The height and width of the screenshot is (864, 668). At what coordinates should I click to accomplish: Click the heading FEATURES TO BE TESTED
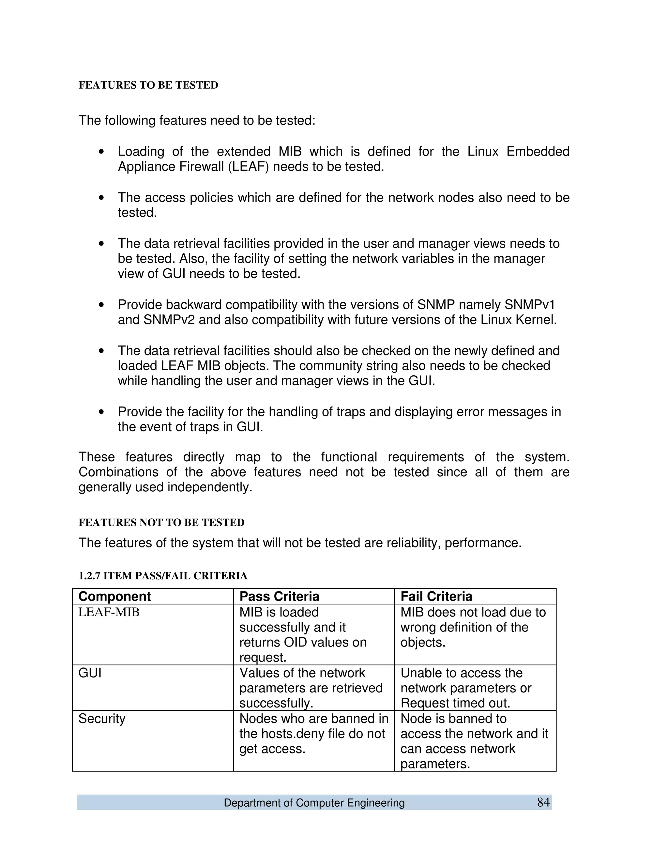point(148,85)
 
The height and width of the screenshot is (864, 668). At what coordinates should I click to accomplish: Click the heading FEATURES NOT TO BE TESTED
point(161,523)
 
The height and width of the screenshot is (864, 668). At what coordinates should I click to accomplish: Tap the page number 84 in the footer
point(543,802)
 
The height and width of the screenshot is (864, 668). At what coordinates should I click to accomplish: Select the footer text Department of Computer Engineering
point(314,803)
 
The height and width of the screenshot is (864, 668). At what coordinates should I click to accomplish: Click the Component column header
point(115,596)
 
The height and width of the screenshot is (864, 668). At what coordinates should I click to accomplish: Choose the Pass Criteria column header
point(280,596)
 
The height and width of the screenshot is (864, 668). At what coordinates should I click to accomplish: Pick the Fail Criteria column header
point(436,596)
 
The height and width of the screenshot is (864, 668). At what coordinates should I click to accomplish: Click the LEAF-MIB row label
point(109,612)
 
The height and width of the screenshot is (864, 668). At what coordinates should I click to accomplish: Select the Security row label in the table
point(102,718)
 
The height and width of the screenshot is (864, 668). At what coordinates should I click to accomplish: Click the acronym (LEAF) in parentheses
point(249,167)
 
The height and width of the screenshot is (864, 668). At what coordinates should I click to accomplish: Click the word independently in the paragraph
point(210,487)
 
